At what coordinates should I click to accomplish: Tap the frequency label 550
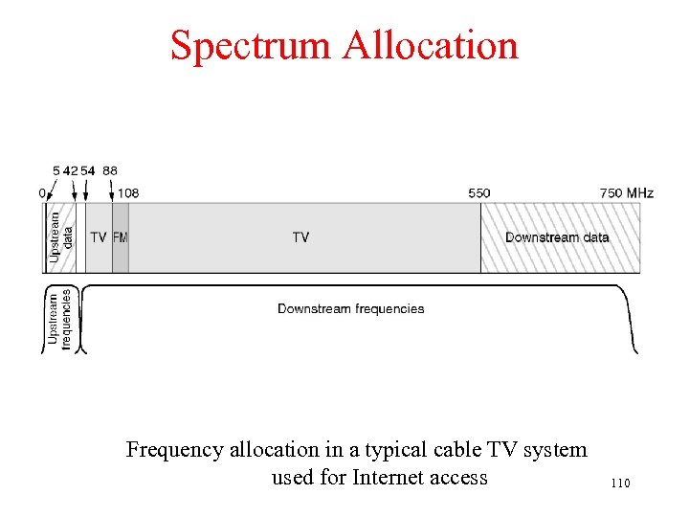click(479, 193)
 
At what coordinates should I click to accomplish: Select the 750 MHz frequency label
click(627, 193)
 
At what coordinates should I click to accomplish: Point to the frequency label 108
click(128, 193)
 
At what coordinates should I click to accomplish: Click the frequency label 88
click(110, 170)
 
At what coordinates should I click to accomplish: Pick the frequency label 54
click(88, 170)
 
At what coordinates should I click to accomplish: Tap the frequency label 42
click(71, 170)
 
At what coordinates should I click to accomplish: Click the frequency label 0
click(42, 193)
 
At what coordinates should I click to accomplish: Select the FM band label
click(120, 237)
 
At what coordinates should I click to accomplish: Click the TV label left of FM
click(99, 237)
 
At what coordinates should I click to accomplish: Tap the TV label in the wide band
click(300, 237)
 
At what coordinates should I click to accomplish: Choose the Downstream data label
click(557, 237)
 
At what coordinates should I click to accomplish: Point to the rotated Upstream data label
click(60, 237)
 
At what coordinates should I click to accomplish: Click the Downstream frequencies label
click(350, 308)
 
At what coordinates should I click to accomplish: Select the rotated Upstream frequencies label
click(60, 318)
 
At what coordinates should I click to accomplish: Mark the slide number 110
click(619, 483)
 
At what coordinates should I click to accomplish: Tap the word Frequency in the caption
click(175, 449)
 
